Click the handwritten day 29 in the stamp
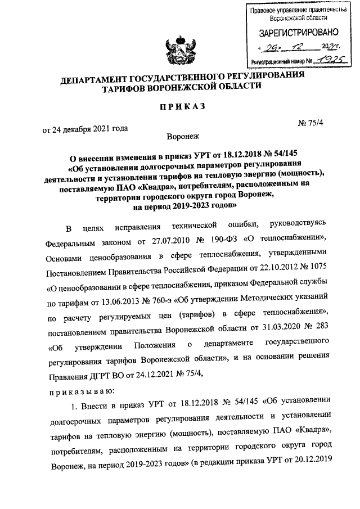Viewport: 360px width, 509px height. pos(273,47)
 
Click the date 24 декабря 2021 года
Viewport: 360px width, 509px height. pos(85,128)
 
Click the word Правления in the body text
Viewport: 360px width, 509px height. pos(67,374)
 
